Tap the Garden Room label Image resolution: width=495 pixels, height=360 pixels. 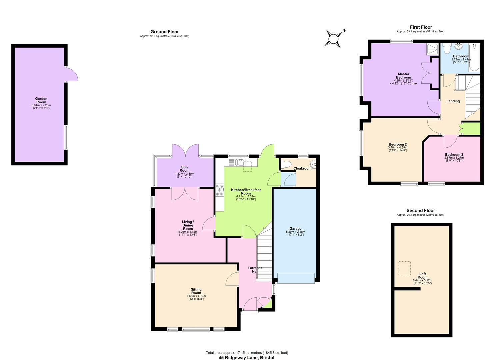coord(41,99)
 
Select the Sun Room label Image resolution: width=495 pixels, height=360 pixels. coord(184,169)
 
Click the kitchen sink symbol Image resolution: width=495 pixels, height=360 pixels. coord(239,162)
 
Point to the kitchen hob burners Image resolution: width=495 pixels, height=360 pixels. coord(219,190)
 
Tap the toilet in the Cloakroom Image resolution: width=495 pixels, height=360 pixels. coord(285,164)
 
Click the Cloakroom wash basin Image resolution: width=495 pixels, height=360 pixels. coord(313,164)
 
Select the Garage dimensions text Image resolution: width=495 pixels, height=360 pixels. coord(295,233)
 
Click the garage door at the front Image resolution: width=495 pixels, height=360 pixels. coord(296,278)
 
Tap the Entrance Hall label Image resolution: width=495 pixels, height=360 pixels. coord(255,270)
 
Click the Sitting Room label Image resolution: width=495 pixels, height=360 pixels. coord(196,291)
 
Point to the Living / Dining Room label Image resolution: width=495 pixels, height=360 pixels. coord(188,225)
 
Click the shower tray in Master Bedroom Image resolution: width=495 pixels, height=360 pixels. coord(433,49)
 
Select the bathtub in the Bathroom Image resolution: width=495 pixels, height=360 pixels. coord(474,58)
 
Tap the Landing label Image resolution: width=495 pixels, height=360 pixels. coord(453,101)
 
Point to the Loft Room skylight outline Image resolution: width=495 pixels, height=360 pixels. coord(405,268)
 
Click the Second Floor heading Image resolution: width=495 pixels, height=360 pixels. coord(421,210)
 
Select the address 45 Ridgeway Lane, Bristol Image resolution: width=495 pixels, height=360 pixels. coord(247,358)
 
